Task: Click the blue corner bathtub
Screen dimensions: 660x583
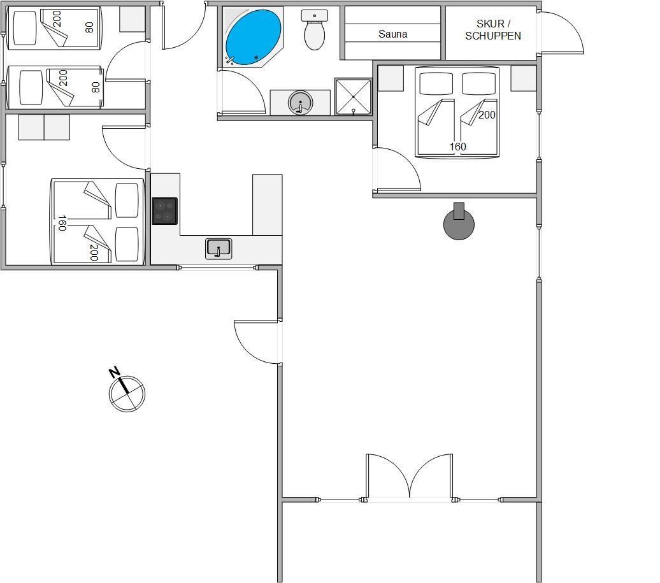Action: [x=253, y=37]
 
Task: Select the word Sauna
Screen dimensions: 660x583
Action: [x=392, y=34]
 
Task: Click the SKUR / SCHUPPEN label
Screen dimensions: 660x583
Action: [x=493, y=30]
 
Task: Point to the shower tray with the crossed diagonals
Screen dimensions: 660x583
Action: [x=353, y=96]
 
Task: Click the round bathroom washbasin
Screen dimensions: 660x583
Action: [x=301, y=103]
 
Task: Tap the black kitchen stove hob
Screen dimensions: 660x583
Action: [x=164, y=211]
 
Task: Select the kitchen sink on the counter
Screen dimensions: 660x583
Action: [x=219, y=248]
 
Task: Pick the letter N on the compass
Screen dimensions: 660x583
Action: [x=114, y=372]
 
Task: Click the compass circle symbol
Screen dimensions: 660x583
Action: [x=127, y=394]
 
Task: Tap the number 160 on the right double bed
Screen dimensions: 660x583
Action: [x=457, y=147]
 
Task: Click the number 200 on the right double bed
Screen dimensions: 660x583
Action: [x=487, y=115]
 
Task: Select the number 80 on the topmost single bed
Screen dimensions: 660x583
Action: [x=89, y=27]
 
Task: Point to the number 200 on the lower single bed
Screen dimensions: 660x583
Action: [x=63, y=78]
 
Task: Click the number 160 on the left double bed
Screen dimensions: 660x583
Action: [x=62, y=222]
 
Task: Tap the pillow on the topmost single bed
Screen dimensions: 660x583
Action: [x=25, y=28]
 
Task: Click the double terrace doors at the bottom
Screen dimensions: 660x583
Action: [x=409, y=477]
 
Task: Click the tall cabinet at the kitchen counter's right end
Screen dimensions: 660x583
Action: [x=268, y=205]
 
